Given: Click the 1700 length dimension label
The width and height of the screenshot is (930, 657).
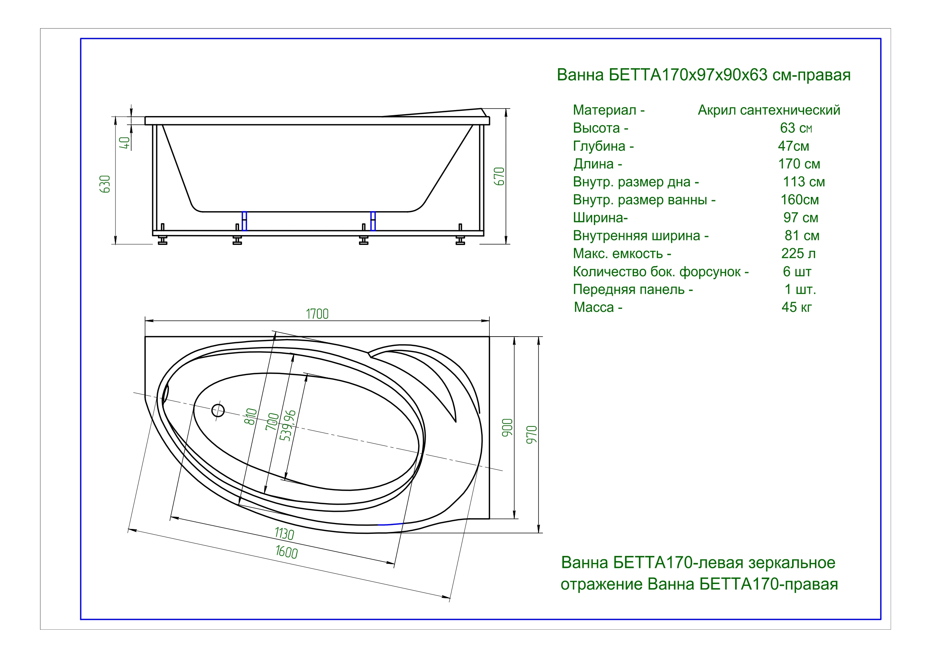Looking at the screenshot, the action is pyautogui.click(x=317, y=314).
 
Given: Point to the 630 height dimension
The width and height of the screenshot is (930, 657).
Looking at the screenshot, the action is pyautogui.click(x=105, y=184).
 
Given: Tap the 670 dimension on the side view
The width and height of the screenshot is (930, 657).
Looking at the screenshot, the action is pyautogui.click(x=499, y=176).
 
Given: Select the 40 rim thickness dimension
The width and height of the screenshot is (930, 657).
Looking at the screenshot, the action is pyautogui.click(x=125, y=143).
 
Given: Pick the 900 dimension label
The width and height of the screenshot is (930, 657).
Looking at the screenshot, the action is pyautogui.click(x=507, y=428).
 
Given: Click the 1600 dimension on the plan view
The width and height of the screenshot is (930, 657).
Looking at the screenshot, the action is pyautogui.click(x=286, y=552).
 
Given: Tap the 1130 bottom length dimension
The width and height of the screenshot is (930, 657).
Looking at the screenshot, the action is pyautogui.click(x=284, y=533).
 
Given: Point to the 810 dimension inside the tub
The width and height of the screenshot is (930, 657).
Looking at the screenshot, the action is pyautogui.click(x=251, y=417).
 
